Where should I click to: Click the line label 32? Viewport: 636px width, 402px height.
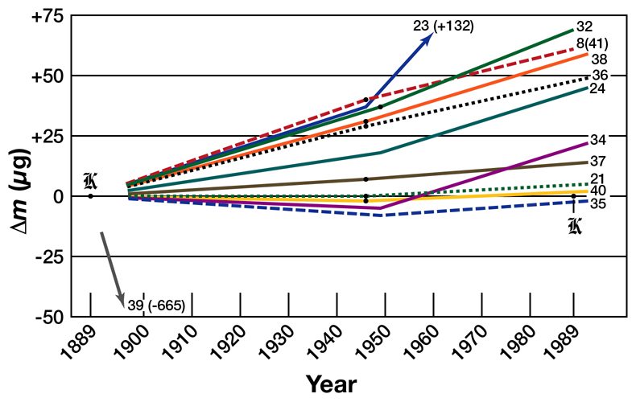tap(584, 24)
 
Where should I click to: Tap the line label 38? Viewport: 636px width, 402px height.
tap(599, 59)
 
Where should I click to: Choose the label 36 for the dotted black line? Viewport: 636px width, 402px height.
tap(599, 75)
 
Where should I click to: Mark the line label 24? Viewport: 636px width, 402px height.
tap(597, 88)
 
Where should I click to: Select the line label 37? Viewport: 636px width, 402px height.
tap(598, 162)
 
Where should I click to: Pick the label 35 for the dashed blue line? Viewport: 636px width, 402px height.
tap(598, 203)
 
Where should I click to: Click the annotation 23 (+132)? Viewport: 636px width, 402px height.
tap(443, 26)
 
